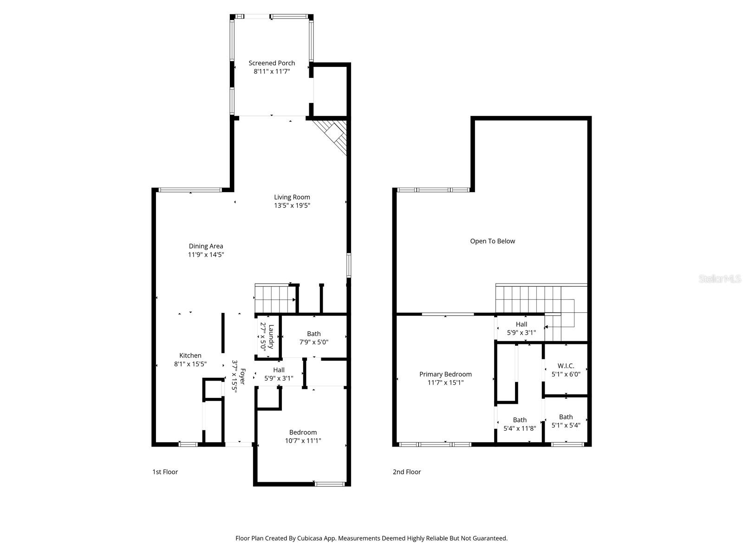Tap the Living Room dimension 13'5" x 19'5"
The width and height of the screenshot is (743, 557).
click(292, 205)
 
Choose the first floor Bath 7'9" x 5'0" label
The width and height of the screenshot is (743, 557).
click(313, 337)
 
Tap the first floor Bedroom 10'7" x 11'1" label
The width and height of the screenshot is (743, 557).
click(303, 436)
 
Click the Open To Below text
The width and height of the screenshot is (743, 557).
click(492, 241)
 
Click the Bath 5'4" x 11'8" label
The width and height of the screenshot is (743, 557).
click(520, 424)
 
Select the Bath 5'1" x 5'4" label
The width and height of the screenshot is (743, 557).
click(566, 421)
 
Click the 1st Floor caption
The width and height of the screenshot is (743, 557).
click(165, 472)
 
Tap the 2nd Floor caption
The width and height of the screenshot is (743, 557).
click(407, 472)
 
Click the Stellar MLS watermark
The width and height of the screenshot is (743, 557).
click(719, 279)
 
